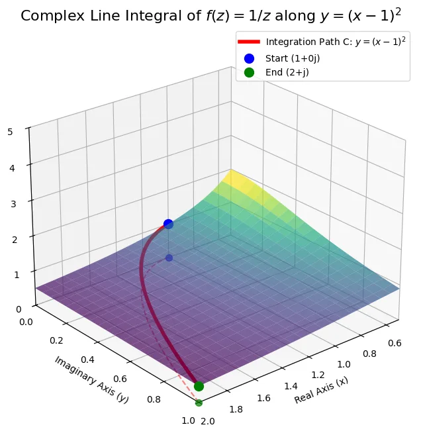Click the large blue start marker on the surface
pyautogui.click(x=168, y=224)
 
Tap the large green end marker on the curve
pyautogui.click(x=199, y=386)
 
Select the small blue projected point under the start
pyautogui.click(x=169, y=258)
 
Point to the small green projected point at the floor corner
pyautogui.click(x=199, y=402)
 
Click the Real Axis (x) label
pyautogui.click(x=322, y=391)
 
